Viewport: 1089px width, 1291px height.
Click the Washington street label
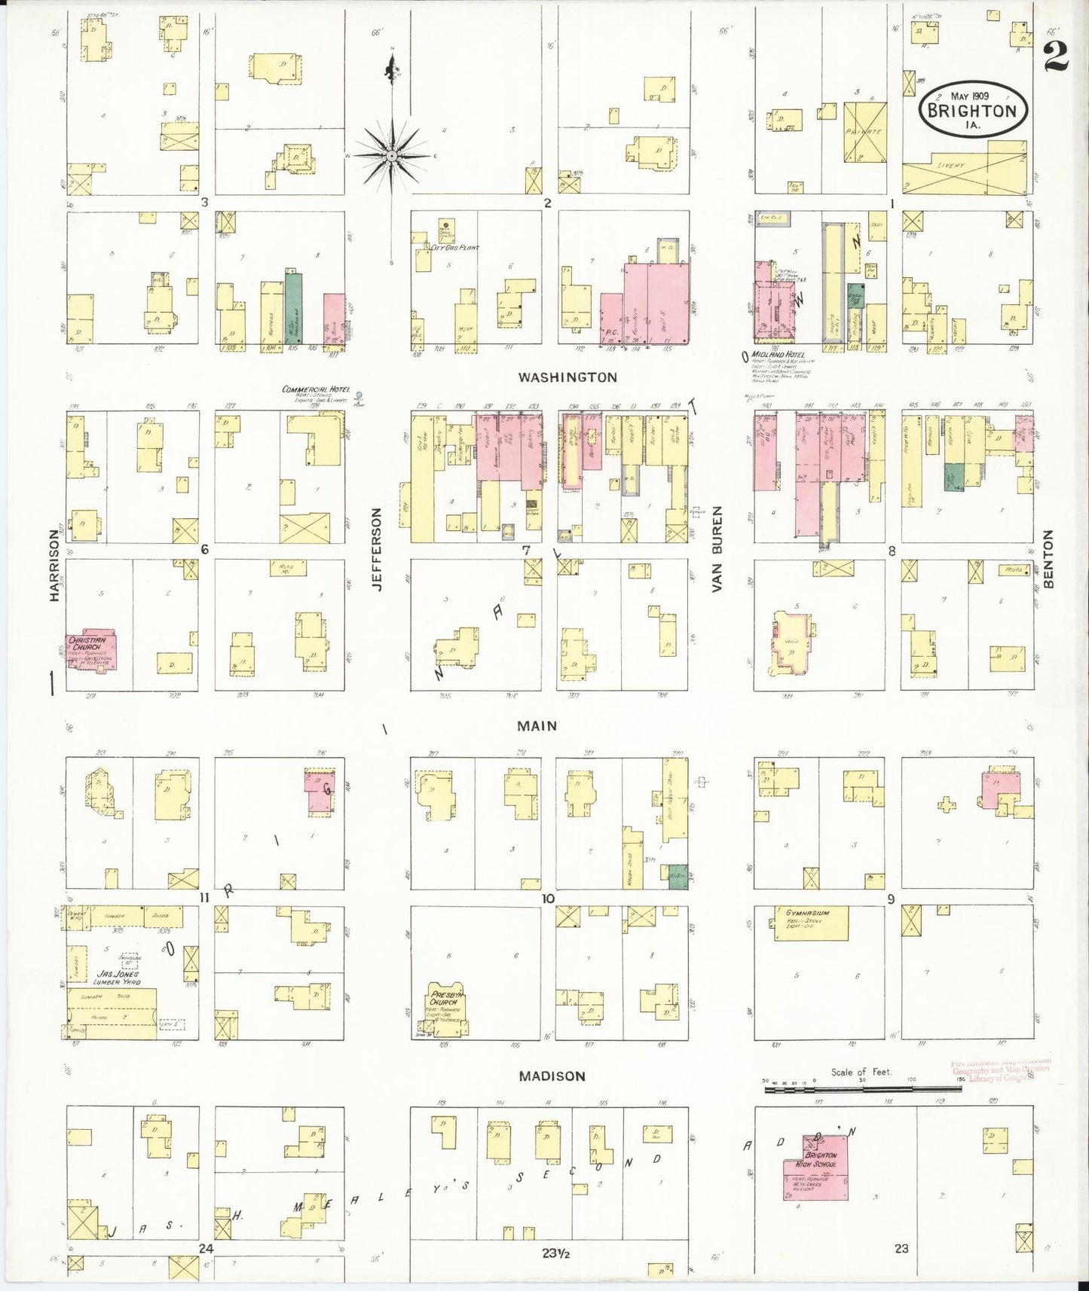(567, 377)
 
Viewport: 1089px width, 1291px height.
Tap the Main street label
(537, 726)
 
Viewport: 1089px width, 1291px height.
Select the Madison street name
(552, 1076)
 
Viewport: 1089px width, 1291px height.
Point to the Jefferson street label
(377, 549)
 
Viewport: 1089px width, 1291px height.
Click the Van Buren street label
(717, 549)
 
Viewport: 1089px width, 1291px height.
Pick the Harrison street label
(54, 565)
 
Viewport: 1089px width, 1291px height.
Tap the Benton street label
(1048, 559)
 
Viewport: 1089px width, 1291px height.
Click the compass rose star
(392, 155)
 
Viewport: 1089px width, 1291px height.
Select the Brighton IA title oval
(972, 108)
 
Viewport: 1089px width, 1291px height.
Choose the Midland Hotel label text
(780, 355)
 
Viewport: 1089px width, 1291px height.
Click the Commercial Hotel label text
(317, 389)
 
